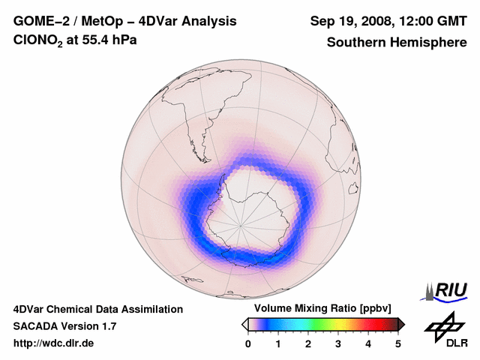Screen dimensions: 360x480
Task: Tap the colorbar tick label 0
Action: tap(248, 343)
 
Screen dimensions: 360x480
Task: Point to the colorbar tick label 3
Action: tap(338, 343)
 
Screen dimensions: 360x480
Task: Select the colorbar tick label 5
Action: tap(398, 343)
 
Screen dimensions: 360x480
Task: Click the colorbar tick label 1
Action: tap(278, 343)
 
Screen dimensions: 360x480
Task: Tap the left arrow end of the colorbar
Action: tap(244, 324)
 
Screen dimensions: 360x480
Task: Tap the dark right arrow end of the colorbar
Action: tap(401, 324)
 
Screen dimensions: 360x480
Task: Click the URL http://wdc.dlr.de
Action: tap(54, 343)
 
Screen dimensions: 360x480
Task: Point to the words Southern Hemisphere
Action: tap(397, 42)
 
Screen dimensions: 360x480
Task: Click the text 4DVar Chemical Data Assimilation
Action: tap(97, 309)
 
